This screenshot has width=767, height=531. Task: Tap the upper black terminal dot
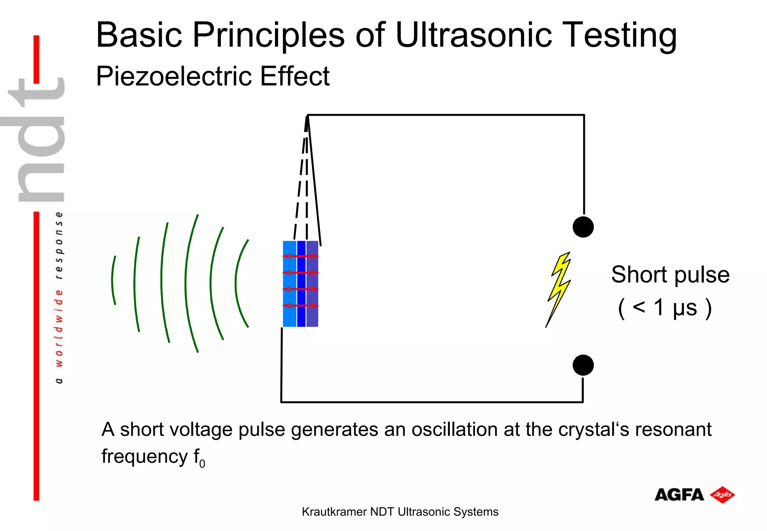coord(583,227)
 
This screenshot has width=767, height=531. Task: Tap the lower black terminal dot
coord(583,365)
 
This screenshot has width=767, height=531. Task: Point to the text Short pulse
coord(670,274)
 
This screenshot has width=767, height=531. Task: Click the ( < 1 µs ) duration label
coord(664,308)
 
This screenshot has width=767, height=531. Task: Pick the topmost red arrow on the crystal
coord(300,256)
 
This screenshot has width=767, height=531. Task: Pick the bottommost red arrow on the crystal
coord(300,306)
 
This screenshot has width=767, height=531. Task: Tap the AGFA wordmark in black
coord(679,495)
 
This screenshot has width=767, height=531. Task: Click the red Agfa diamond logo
coord(722,495)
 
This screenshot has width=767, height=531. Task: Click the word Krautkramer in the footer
coord(334,512)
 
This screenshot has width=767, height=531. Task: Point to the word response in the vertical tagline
coord(59,245)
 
